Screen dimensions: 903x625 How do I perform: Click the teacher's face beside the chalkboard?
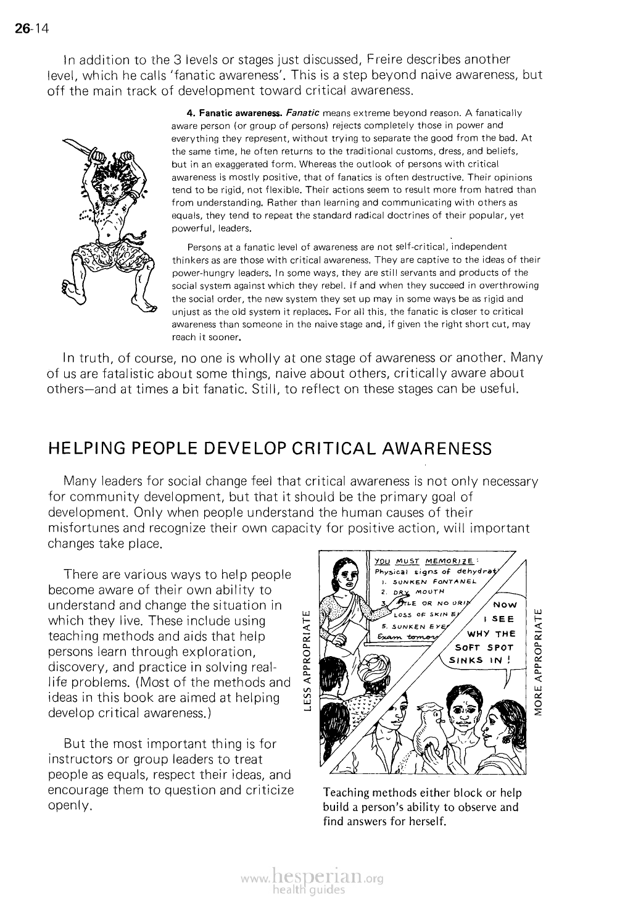(342, 578)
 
